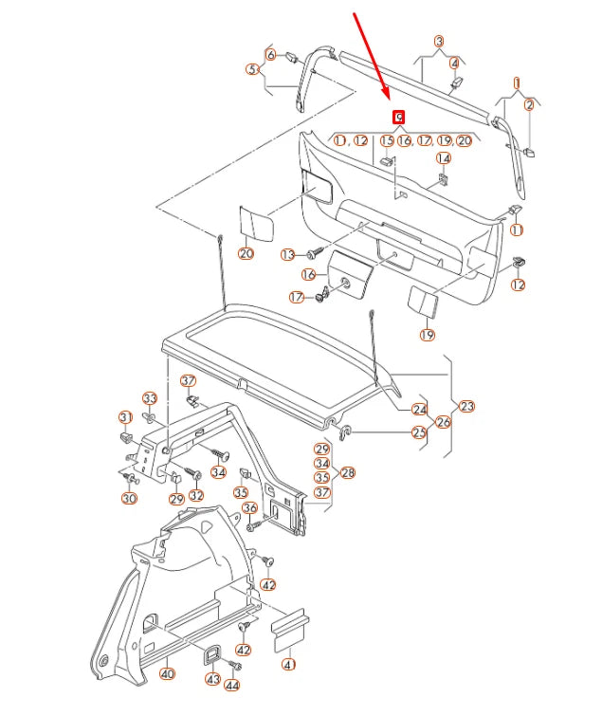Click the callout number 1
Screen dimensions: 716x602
coord(517,83)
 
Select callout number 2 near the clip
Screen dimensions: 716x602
coord(530,106)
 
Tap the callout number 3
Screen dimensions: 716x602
coord(439,42)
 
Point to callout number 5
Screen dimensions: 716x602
coord(252,69)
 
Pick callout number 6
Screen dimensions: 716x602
coord(270,55)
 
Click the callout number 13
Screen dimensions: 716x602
coord(288,254)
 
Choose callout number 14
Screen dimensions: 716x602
coord(443,158)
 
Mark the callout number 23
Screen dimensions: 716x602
coord(466,406)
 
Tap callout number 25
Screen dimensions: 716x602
coord(418,432)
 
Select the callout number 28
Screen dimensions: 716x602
coord(348,471)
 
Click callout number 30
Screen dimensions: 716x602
coord(129,498)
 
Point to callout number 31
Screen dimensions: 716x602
coord(125,417)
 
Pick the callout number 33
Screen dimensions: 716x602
coord(150,397)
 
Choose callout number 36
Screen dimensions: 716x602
coord(250,508)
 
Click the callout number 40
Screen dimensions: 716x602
coord(167,674)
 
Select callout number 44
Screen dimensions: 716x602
coord(231,685)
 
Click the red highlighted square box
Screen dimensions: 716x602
coord(399,117)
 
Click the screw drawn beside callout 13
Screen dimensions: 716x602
coord(312,254)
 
